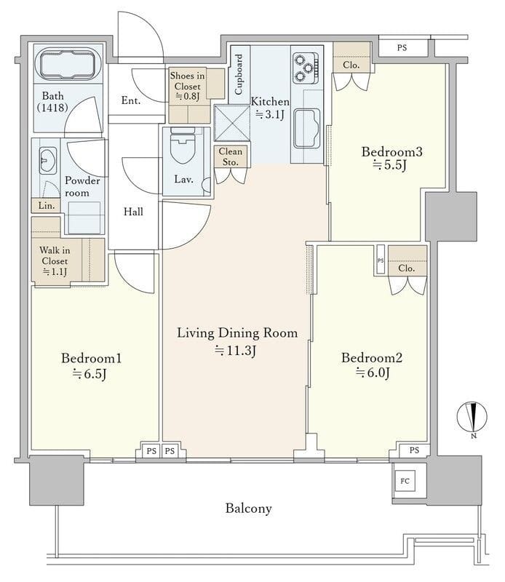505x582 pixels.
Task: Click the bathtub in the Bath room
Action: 67,65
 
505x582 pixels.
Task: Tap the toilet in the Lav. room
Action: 183,145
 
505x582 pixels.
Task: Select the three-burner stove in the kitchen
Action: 306,68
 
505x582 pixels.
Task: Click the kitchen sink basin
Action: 307,128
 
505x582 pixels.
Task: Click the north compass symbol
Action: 472,418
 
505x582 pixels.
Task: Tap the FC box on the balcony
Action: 405,481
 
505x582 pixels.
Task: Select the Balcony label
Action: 248,508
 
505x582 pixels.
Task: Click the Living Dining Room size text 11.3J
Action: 236,350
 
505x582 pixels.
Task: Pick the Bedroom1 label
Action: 92,358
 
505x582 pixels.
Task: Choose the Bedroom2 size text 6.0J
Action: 373,372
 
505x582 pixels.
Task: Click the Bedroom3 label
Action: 391,152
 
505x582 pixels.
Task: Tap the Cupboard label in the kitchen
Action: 239,74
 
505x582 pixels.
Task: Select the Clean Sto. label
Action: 230,156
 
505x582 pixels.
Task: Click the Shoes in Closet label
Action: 187,81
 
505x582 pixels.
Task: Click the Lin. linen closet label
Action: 47,206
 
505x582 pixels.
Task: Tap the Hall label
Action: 133,212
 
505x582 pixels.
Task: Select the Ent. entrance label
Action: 131,100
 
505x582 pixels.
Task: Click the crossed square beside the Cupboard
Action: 232,123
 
